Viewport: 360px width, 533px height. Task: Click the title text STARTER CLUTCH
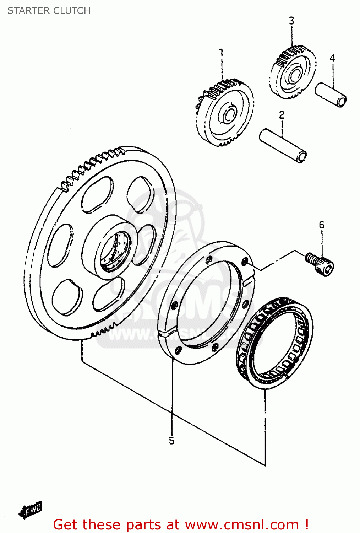coord(49,11)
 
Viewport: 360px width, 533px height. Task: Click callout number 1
coord(222,53)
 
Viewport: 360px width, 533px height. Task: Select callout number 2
coord(282,115)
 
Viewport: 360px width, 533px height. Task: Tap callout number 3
coord(291,21)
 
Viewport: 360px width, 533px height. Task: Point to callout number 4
coord(332,58)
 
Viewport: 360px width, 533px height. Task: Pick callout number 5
coord(171,441)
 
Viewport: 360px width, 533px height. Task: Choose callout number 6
coord(321,225)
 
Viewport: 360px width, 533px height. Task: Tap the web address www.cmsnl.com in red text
coord(242,524)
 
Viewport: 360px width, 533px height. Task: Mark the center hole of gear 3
coord(294,75)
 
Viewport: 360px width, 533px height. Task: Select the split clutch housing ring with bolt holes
coord(206,302)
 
